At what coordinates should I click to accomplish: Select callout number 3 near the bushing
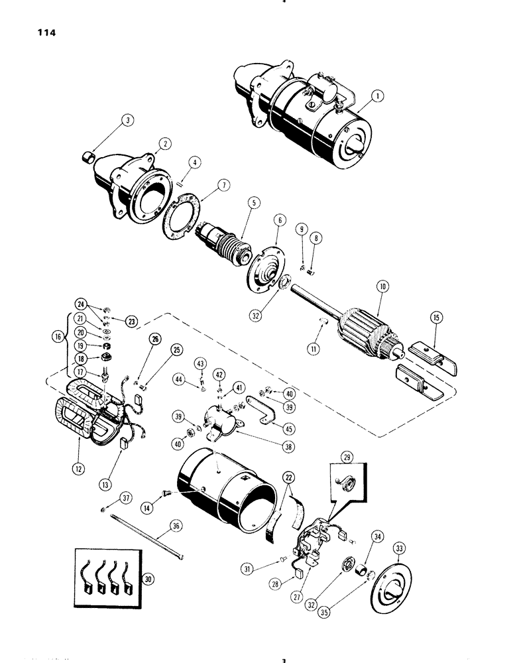128,121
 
